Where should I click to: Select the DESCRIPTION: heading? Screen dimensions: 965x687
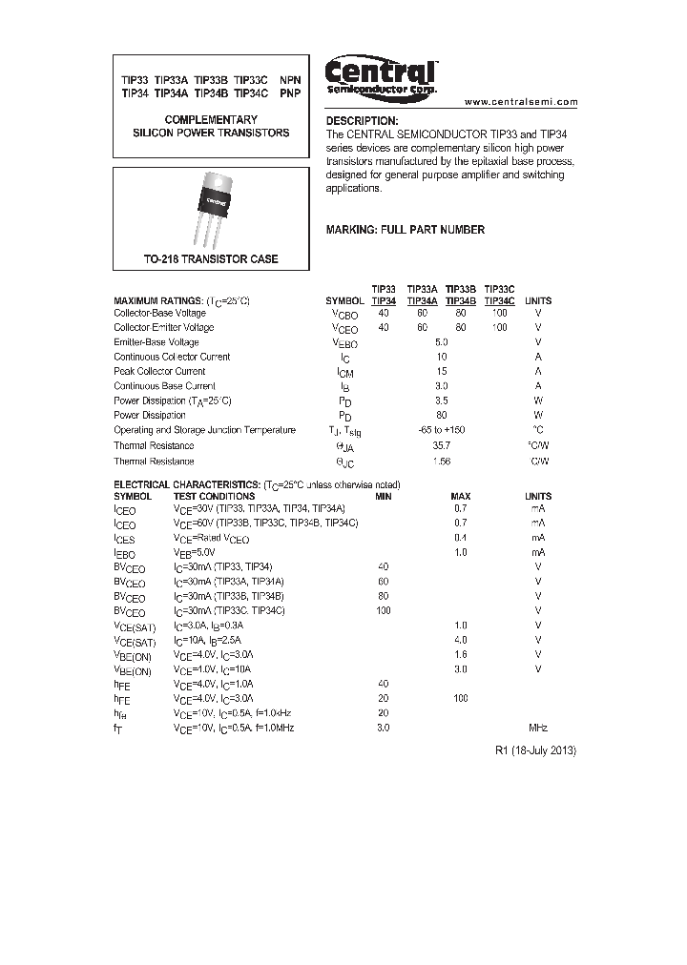[x=362, y=121]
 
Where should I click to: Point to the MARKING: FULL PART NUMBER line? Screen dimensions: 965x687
[x=406, y=230]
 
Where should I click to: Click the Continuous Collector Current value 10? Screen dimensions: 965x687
[x=441, y=357]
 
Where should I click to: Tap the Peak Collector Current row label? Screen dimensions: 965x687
[x=159, y=371]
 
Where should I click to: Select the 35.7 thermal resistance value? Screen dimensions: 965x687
[x=441, y=445]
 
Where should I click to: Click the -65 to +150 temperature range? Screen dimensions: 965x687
[x=441, y=430]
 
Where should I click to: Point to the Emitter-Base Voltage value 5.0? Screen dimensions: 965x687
[x=441, y=341]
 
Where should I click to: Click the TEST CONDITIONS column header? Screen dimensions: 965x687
[x=214, y=496]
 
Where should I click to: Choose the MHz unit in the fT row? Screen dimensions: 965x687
[x=538, y=728]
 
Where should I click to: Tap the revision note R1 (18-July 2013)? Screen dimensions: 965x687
[x=536, y=750]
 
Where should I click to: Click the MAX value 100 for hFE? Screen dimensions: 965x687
[x=461, y=699]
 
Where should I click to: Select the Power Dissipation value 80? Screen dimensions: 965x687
[x=441, y=416]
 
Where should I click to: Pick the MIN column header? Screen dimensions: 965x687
[x=383, y=496]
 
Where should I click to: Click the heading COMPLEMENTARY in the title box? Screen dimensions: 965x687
[x=211, y=120]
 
